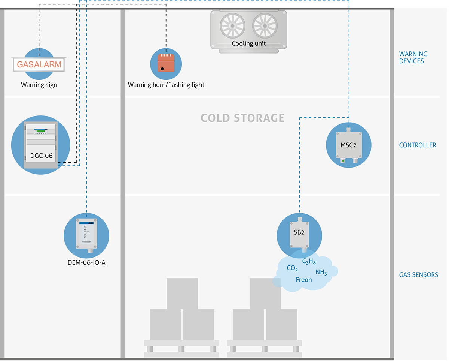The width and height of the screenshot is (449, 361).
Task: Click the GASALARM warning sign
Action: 39,64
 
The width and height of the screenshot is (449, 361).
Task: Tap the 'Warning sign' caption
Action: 39,85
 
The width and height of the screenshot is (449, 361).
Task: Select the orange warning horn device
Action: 165,63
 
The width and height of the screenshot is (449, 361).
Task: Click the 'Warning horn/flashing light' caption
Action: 166,85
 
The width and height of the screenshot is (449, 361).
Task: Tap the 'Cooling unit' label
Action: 249,43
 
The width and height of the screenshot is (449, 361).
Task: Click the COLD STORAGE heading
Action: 242,118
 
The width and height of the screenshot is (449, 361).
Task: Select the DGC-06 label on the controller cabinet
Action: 41,156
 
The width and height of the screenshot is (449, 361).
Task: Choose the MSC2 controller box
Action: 348,145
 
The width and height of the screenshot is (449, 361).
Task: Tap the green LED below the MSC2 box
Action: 343,161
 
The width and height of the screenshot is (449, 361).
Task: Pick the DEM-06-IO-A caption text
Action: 86,262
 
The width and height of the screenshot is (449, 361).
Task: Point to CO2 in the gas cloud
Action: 292,268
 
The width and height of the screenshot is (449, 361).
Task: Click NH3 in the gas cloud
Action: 321,272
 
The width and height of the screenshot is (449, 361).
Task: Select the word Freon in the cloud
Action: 303,280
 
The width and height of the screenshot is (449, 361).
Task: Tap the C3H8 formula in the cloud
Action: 309,262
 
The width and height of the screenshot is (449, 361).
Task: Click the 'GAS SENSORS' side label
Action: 418,275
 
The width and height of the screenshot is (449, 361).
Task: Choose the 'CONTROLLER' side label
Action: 418,145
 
